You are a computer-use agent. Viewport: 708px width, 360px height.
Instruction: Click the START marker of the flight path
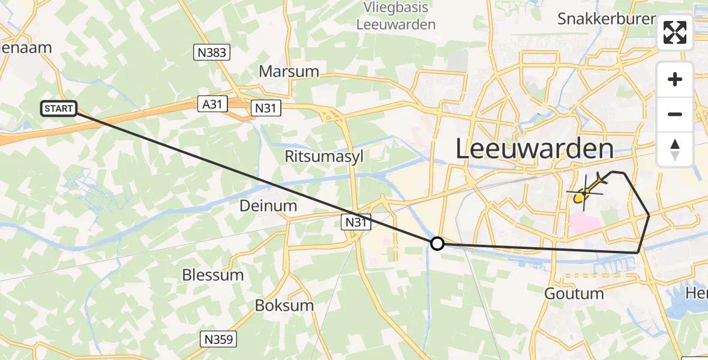[59, 109]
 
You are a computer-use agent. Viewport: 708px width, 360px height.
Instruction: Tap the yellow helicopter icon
[586, 191]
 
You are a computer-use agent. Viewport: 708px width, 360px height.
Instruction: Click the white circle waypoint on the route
[437, 243]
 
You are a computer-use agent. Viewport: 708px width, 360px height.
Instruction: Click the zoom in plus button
[675, 79]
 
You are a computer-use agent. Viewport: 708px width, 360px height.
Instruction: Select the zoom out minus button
[675, 114]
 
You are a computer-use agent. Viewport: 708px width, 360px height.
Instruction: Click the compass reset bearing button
[675, 149]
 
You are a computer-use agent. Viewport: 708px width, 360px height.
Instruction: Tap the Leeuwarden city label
[535, 148]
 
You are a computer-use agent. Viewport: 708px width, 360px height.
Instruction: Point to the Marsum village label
[289, 71]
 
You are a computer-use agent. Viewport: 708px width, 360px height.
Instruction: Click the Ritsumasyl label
[323, 157]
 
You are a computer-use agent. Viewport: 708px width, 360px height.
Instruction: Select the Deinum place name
[268, 206]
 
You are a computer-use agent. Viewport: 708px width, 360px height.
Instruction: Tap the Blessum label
[213, 275]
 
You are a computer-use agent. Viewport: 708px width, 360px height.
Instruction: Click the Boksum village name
[284, 305]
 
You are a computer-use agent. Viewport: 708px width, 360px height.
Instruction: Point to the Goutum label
[574, 294]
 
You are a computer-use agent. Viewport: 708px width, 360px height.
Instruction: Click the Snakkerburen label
[607, 19]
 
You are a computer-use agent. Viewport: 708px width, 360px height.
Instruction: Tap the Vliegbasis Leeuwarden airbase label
[396, 16]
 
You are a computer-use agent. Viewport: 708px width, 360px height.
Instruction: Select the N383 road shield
[212, 53]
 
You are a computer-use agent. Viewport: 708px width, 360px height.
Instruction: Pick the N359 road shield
[218, 339]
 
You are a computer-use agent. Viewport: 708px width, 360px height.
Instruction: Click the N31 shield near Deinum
[356, 223]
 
